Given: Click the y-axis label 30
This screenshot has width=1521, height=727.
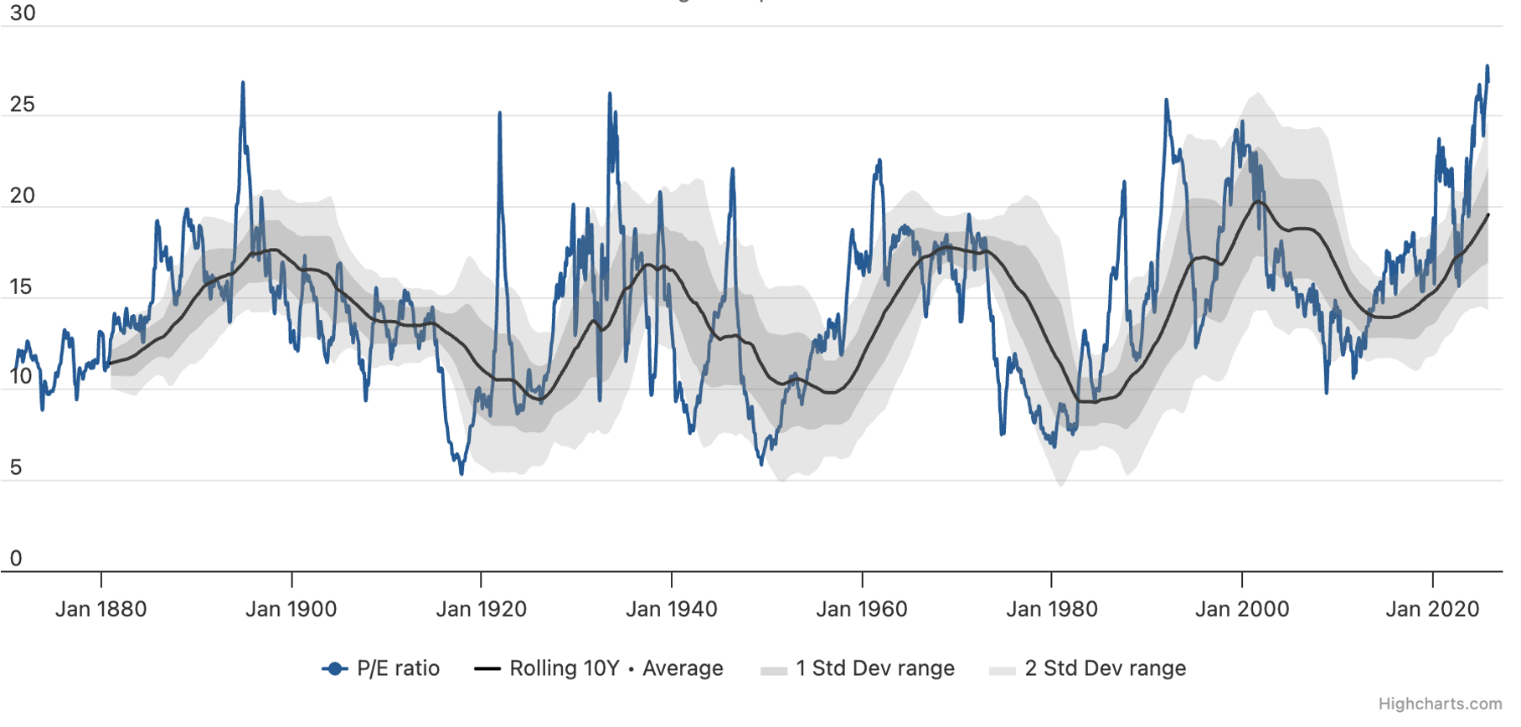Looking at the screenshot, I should click(x=23, y=13).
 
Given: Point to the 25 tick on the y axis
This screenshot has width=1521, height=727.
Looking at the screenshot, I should click(x=23, y=105).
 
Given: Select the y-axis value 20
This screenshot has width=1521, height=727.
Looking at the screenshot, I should click(x=23, y=196).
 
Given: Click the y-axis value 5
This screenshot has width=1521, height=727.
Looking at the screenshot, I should click(x=16, y=468).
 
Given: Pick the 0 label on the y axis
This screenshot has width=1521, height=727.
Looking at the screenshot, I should click(x=16, y=559).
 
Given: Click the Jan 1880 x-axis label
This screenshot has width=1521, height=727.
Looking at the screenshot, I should click(x=101, y=609).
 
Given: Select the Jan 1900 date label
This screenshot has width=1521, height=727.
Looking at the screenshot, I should click(x=291, y=609).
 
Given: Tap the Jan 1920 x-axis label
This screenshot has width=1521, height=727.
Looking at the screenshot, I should click(x=482, y=609).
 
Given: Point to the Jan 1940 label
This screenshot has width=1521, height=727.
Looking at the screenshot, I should click(x=672, y=609).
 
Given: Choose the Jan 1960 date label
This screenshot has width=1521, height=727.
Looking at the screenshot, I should click(x=862, y=609).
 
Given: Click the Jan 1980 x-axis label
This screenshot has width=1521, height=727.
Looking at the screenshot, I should click(x=1052, y=609).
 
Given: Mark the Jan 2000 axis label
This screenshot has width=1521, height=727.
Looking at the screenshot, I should click(x=1242, y=609).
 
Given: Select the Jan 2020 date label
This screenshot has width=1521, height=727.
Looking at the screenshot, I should click(x=1432, y=609).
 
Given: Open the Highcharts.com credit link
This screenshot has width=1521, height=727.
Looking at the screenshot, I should click(x=1440, y=704).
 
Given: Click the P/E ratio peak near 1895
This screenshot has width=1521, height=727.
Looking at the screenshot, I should click(x=243, y=83).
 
